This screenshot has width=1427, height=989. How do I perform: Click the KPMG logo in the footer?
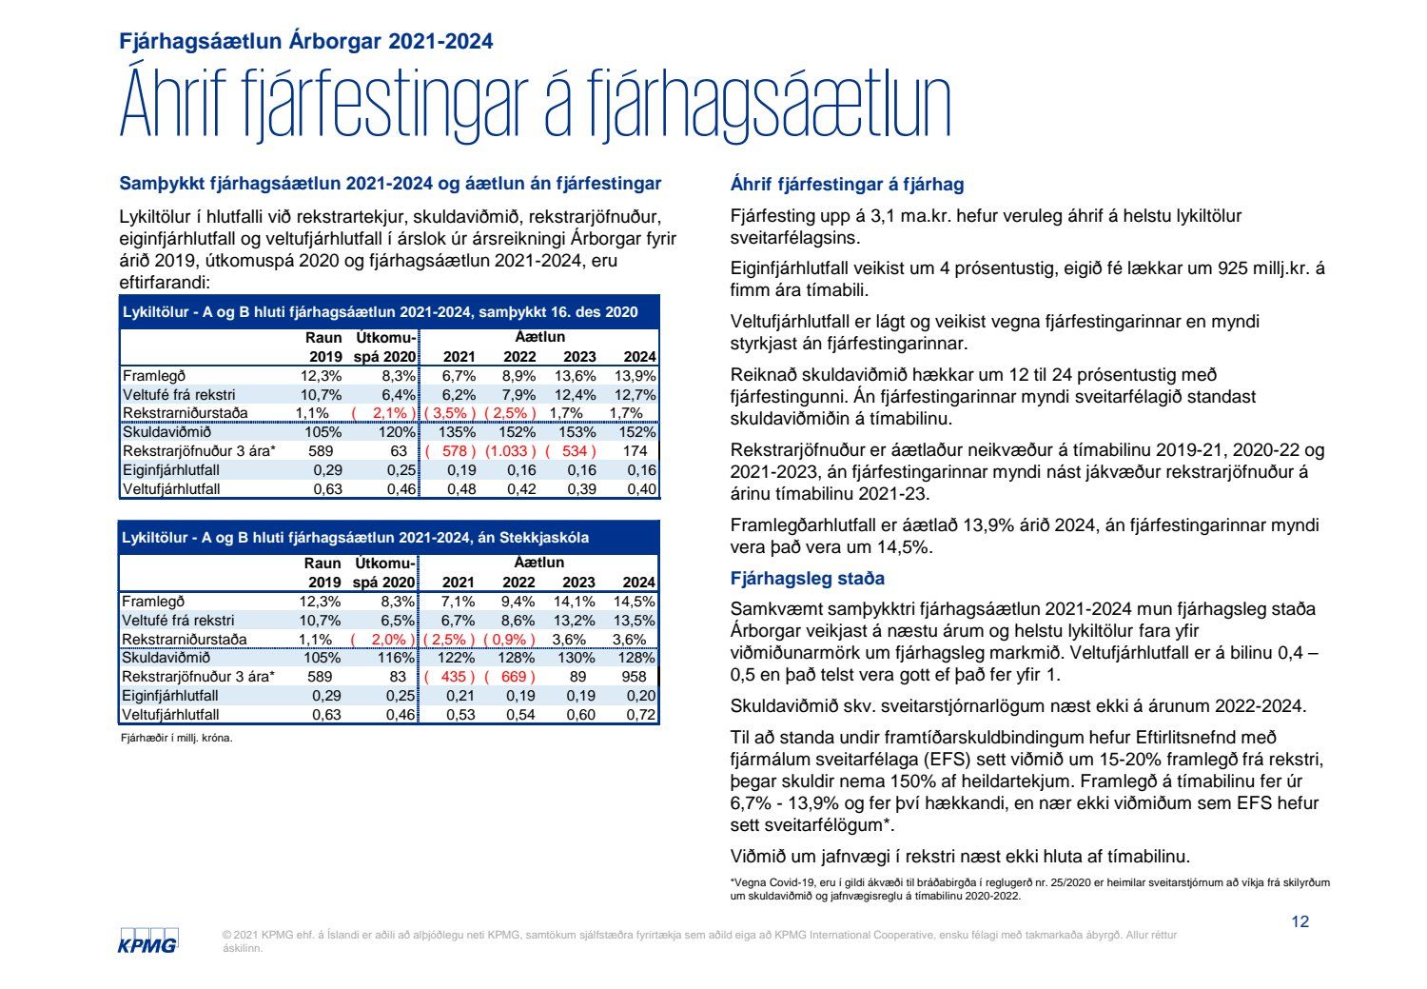147,940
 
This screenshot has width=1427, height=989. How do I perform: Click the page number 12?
1300,921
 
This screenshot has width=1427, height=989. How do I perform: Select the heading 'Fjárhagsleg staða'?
807,579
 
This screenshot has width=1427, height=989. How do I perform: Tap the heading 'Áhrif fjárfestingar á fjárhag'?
847,185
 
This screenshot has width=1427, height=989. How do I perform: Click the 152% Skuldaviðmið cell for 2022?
518,432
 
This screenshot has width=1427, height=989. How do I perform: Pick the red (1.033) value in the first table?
511,451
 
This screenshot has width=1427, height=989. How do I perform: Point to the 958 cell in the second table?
633,677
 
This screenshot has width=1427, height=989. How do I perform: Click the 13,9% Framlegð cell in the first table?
635,376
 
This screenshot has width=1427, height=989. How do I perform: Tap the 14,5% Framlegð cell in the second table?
635,602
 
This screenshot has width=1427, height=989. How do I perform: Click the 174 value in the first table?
635,451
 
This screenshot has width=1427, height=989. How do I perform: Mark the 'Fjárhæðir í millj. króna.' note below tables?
176,738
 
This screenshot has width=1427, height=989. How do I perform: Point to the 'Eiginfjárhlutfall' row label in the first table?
171,470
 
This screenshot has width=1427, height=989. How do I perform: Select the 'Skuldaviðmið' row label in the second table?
166,658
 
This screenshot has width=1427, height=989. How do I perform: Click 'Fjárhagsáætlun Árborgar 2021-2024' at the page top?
306,41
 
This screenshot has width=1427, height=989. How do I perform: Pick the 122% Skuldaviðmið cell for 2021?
457,658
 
